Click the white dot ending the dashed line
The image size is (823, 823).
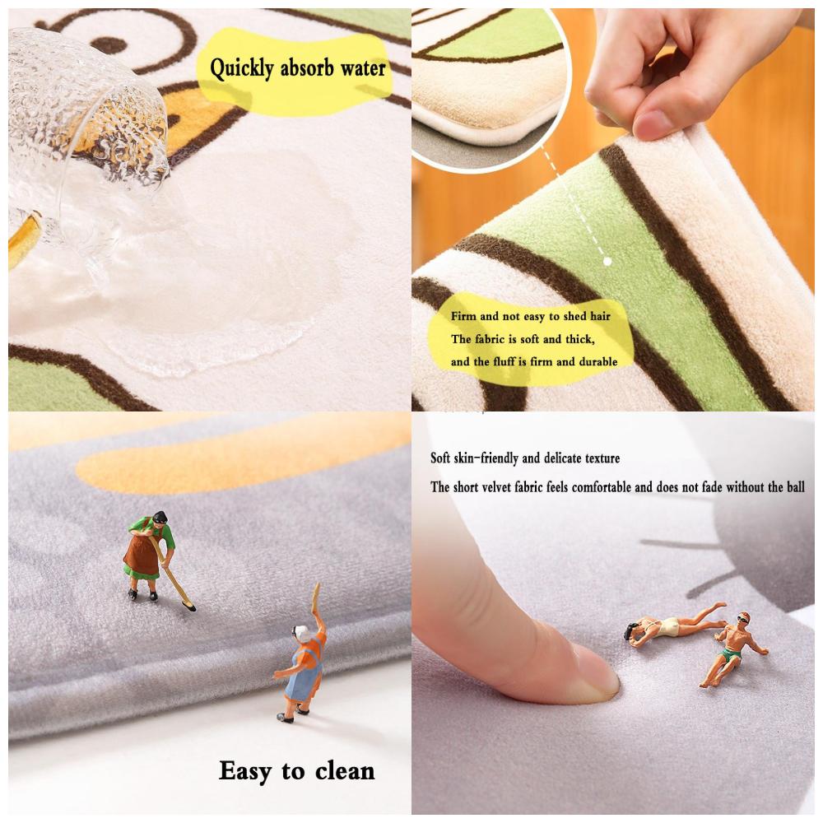[607, 261]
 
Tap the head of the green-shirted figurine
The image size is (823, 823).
[160, 518]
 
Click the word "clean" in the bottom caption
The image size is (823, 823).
[339, 771]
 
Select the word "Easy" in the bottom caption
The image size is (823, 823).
[246, 771]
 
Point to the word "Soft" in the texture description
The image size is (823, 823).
[444, 458]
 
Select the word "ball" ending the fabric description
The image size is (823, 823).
[794, 487]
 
